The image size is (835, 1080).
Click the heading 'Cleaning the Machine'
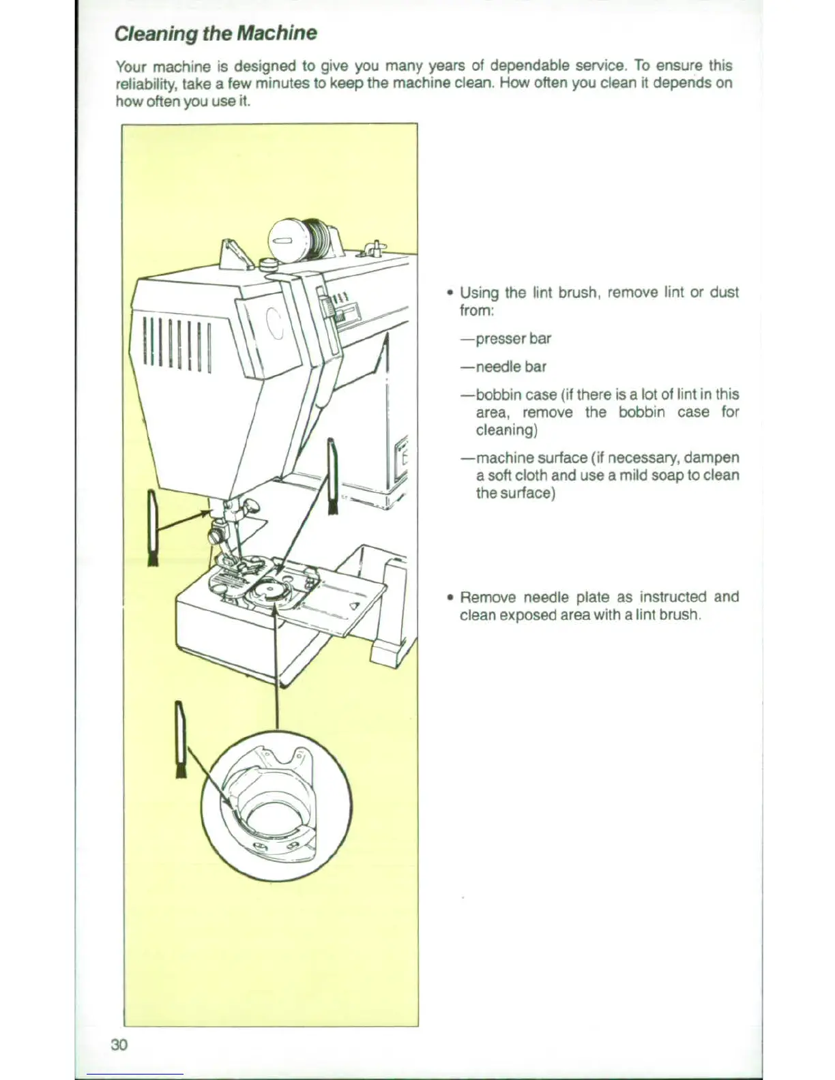(x=216, y=33)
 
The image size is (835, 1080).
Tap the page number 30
(x=119, y=1044)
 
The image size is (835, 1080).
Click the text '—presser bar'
(x=506, y=338)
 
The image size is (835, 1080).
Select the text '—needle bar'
(x=503, y=366)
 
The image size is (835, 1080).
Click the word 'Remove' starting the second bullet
(x=487, y=597)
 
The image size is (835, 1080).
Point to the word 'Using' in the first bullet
(x=479, y=292)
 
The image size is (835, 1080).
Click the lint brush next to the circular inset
(x=181, y=739)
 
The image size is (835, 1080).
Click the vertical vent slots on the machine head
(x=177, y=346)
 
